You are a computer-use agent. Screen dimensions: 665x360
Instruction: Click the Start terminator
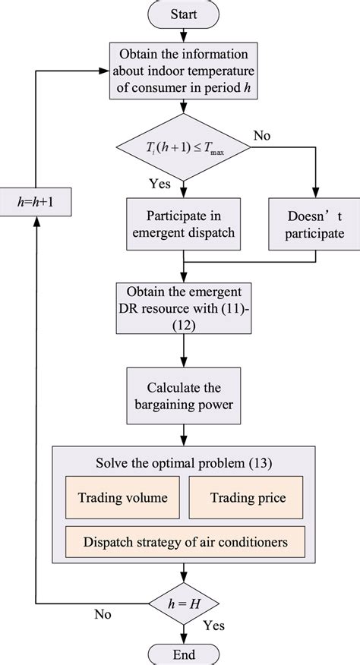click(183, 14)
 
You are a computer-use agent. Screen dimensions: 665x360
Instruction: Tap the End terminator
click(183, 653)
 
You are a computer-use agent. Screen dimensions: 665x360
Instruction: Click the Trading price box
click(247, 497)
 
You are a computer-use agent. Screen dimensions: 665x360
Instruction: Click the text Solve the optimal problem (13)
click(182, 463)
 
